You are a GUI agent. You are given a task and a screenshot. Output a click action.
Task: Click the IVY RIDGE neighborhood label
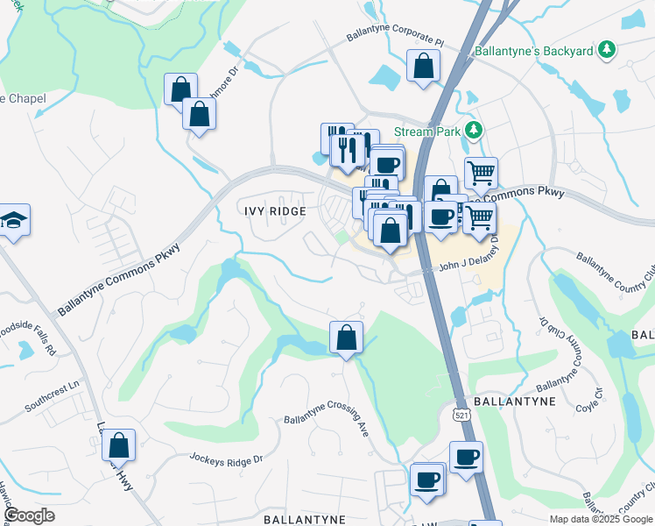(x=274, y=211)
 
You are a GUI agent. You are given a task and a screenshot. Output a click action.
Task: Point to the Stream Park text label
(x=426, y=131)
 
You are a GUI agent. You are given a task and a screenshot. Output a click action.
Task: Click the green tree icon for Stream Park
(x=474, y=131)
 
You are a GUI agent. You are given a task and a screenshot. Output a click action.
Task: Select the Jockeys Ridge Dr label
(x=227, y=458)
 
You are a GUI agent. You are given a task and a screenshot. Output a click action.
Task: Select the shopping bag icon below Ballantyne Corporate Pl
(x=423, y=66)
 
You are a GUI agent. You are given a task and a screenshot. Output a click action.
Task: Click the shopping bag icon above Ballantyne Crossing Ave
(x=346, y=337)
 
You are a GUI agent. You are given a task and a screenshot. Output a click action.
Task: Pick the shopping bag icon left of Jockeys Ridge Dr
(x=118, y=445)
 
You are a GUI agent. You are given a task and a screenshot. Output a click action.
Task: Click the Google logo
(x=29, y=515)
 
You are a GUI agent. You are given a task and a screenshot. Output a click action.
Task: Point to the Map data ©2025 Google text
(x=600, y=519)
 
